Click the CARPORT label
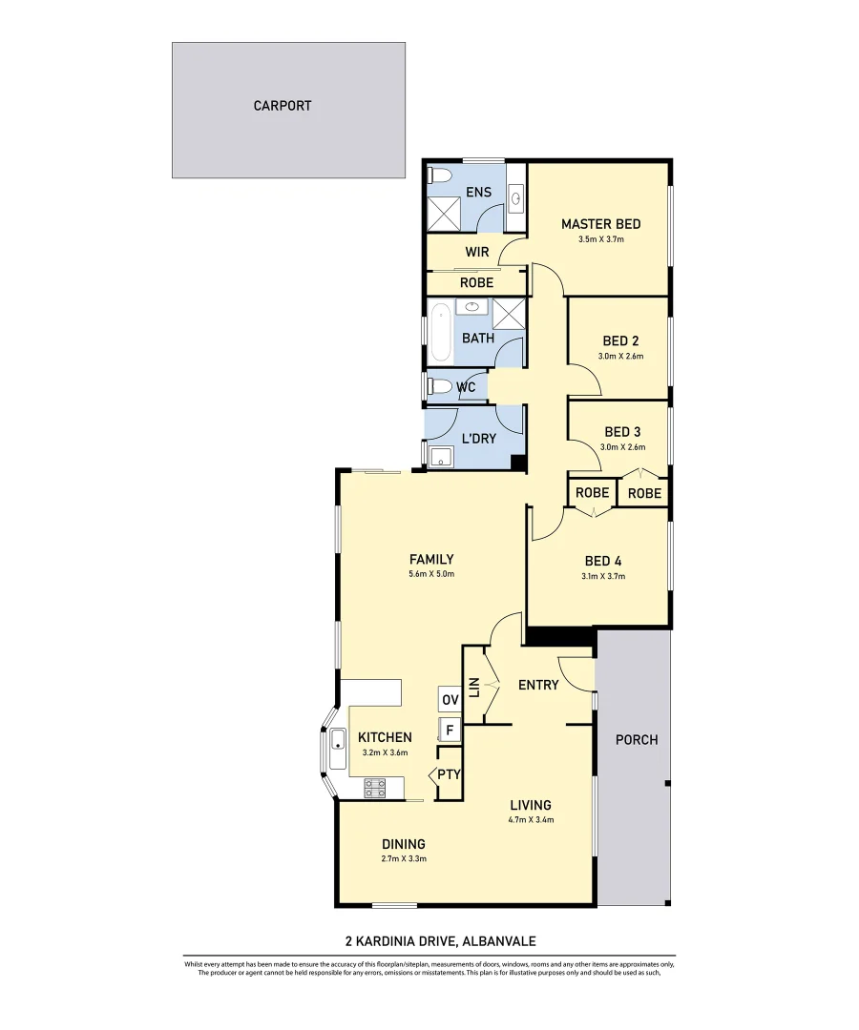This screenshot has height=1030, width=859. pyautogui.click(x=283, y=106)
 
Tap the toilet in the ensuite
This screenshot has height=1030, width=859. pyautogui.click(x=440, y=175)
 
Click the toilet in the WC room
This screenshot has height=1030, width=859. pyautogui.click(x=440, y=386)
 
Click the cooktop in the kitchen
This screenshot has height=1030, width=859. pyautogui.click(x=375, y=789)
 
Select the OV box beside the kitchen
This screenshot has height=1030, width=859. pyautogui.click(x=450, y=699)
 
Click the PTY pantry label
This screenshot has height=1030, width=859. pyautogui.click(x=449, y=774)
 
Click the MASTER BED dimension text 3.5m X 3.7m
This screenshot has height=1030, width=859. pyautogui.click(x=600, y=240)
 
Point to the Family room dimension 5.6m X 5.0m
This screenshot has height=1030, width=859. pyautogui.click(x=430, y=574)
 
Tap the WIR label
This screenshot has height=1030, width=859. pyautogui.click(x=477, y=253)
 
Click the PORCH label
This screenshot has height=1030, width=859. pyautogui.click(x=636, y=739)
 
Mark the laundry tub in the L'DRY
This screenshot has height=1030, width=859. pyautogui.click(x=440, y=458)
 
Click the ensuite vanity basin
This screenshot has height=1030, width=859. pyautogui.click(x=516, y=198)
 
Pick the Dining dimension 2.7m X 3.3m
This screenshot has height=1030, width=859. pyautogui.click(x=404, y=859)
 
